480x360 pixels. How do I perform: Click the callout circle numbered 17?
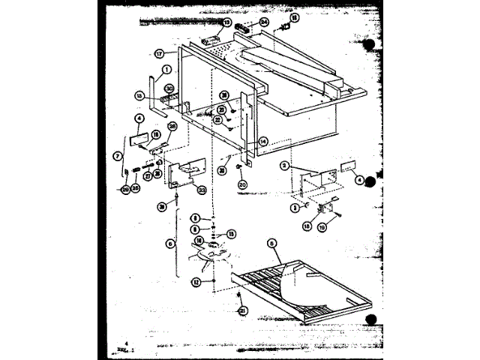point(159,54)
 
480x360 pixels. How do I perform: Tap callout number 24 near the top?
point(264,22)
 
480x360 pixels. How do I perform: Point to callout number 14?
point(263,141)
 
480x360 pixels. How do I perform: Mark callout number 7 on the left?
point(117,156)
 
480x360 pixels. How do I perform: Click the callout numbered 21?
point(242,310)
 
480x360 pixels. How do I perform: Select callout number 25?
point(136,187)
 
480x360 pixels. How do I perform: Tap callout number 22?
point(217,119)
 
